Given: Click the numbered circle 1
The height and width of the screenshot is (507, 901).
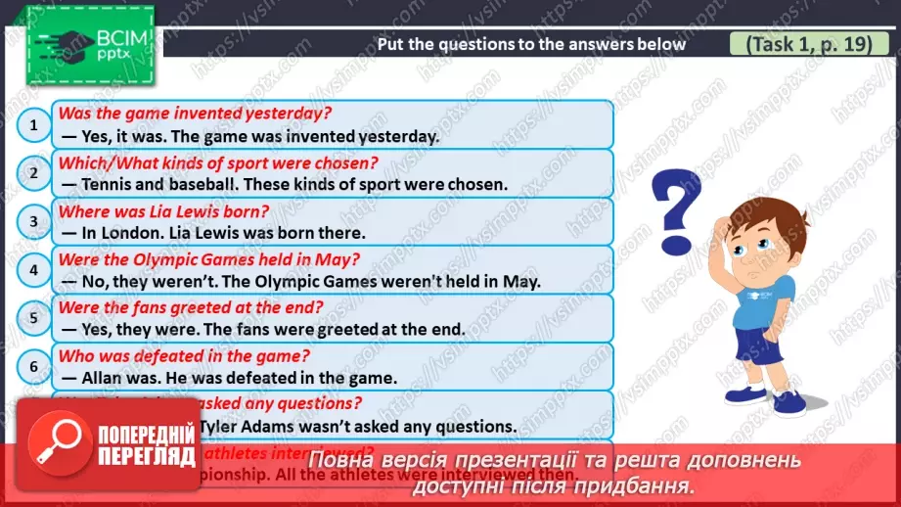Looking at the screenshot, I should [x=33, y=124].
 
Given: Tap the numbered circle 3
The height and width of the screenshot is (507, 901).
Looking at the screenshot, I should [x=33, y=221].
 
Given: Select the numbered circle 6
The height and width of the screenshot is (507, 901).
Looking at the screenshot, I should [x=33, y=367].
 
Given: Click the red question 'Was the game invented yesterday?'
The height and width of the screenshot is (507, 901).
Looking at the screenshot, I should [x=193, y=114].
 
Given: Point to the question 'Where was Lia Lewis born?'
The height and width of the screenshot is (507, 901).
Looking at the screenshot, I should [x=163, y=210].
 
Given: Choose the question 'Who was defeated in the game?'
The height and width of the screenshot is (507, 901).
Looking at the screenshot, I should [x=184, y=355].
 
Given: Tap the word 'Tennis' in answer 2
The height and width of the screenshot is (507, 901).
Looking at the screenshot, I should [x=108, y=184].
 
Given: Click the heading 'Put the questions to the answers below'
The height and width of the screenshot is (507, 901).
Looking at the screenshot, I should [x=531, y=44].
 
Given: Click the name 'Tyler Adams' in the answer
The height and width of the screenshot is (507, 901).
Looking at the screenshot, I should [x=246, y=427].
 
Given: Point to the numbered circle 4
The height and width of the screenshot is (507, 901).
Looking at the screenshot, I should [x=33, y=270].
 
